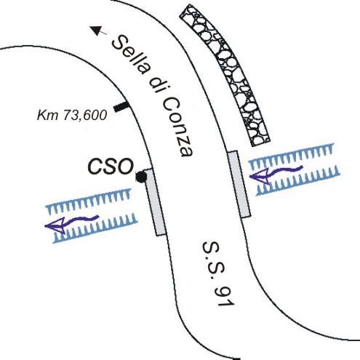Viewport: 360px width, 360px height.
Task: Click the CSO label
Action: click(x=111, y=167)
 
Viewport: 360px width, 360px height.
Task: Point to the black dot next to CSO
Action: click(x=141, y=177)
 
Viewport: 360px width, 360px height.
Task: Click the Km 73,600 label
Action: click(x=72, y=115)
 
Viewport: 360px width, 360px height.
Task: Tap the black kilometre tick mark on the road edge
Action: click(x=121, y=107)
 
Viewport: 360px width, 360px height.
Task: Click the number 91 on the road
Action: click(x=224, y=296)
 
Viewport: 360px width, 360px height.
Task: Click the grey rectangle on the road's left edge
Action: click(x=155, y=202)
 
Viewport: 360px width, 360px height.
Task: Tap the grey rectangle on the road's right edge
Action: click(x=239, y=184)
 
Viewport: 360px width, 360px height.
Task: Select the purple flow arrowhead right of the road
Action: click(x=259, y=176)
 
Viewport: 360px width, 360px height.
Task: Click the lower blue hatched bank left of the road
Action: click(x=95, y=228)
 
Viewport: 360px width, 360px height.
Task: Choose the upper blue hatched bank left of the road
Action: click(x=88, y=201)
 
